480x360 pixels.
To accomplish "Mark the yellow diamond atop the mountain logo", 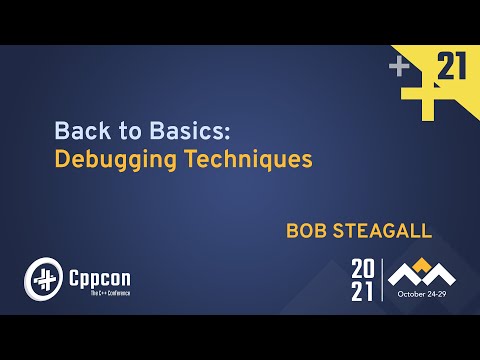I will click(x=421, y=263).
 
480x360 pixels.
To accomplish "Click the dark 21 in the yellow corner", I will click(x=452, y=68).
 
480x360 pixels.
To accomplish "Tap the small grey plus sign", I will click(x=400, y=66).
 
